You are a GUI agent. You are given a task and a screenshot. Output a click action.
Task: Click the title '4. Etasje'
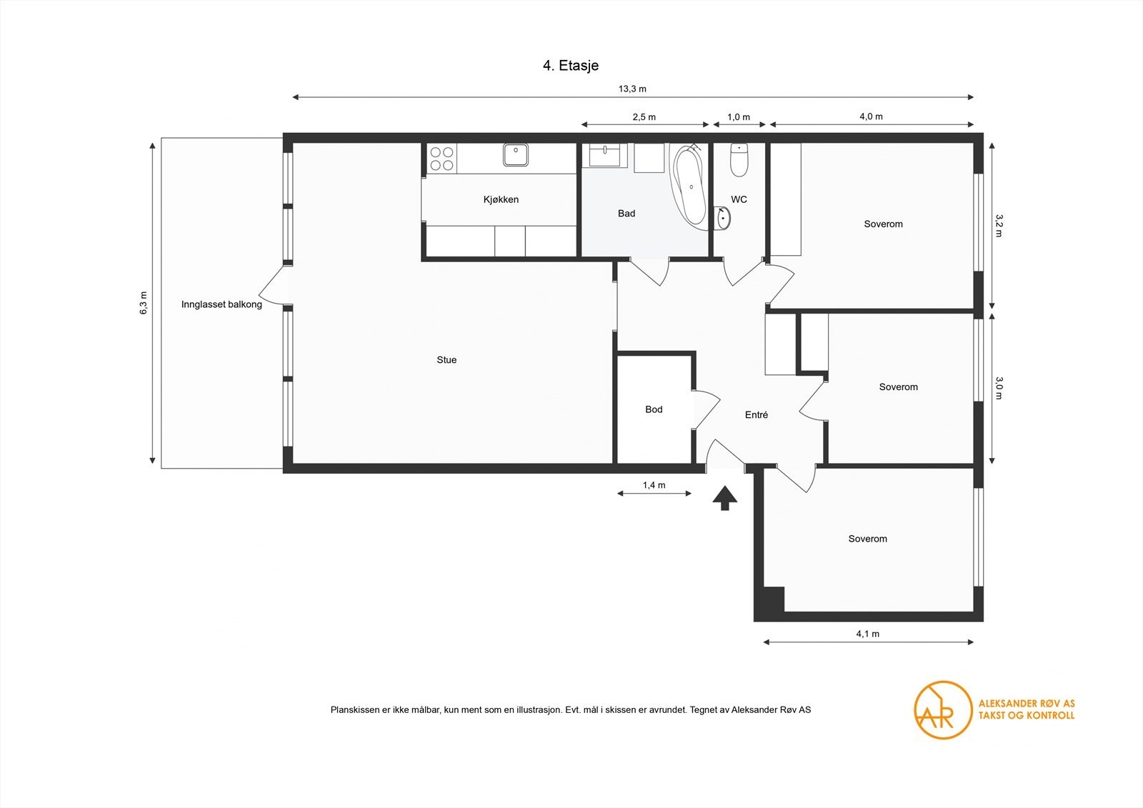coord(570,66)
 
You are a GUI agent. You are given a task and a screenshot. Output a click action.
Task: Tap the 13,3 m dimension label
coord(632,89)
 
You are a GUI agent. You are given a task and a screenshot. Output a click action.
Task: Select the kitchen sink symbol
coord(514,155)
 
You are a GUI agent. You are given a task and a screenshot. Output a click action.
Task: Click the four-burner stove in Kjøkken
coord(442,159)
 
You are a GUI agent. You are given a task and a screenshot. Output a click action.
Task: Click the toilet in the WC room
coord(739,160)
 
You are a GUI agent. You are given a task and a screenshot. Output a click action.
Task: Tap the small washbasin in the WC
coord(722,218)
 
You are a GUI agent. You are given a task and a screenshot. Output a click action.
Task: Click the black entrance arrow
coord(724,498)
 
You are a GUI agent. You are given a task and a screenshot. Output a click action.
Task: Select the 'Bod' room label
coord(654,409)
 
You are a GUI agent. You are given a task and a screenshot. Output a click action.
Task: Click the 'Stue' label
coord(446,360)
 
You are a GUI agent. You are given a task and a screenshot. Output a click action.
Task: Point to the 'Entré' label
coord(756,415)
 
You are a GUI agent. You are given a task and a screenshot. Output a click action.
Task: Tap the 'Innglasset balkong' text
coord(221,304)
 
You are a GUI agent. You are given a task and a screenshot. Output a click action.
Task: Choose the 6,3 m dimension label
coord(144,303)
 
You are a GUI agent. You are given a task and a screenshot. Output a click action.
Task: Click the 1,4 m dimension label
coord(654,485)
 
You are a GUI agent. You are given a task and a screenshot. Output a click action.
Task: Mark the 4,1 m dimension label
coord(867,634)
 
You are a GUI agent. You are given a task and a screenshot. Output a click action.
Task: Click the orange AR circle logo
coord(943,709)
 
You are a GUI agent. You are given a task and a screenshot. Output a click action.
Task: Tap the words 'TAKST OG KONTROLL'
coord(1026,715)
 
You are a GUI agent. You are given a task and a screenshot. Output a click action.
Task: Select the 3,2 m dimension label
coord(999,225)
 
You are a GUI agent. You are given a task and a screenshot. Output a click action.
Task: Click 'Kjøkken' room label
coord(501,200)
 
